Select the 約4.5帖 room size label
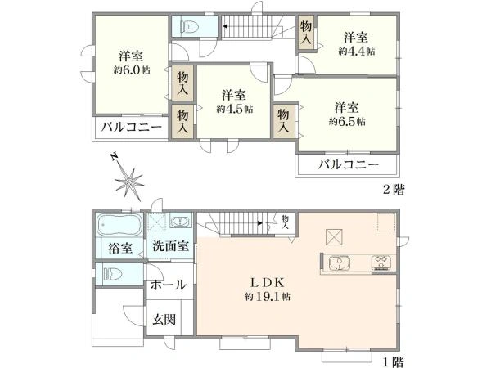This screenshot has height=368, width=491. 235,108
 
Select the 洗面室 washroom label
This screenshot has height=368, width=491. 170,246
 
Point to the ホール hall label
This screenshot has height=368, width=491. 168,285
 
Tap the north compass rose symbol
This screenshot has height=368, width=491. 127,177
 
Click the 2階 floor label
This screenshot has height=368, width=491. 392,189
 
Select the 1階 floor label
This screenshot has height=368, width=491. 392,360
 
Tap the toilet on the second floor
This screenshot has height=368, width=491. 189,27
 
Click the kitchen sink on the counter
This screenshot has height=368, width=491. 340,263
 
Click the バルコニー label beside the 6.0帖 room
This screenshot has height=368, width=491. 131,128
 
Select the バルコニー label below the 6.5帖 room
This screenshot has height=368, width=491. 348,165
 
